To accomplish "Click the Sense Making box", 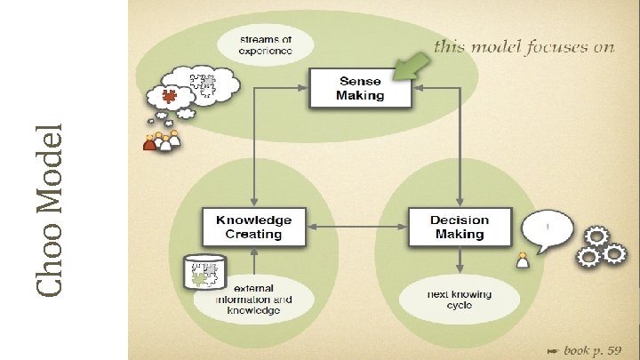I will pos(360,87).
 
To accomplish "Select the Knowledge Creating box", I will pos(253,227).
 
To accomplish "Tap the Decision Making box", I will pos(460,227).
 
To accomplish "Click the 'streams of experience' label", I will pos(264,44).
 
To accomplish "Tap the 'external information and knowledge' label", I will pos(253,300).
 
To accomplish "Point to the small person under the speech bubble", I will pos(523,261).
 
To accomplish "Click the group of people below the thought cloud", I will pos(161,140).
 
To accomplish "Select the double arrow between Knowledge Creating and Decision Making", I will pos(356,228).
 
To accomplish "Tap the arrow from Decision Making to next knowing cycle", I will pos(459,261).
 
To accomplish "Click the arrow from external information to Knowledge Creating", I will pos(254,263).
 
